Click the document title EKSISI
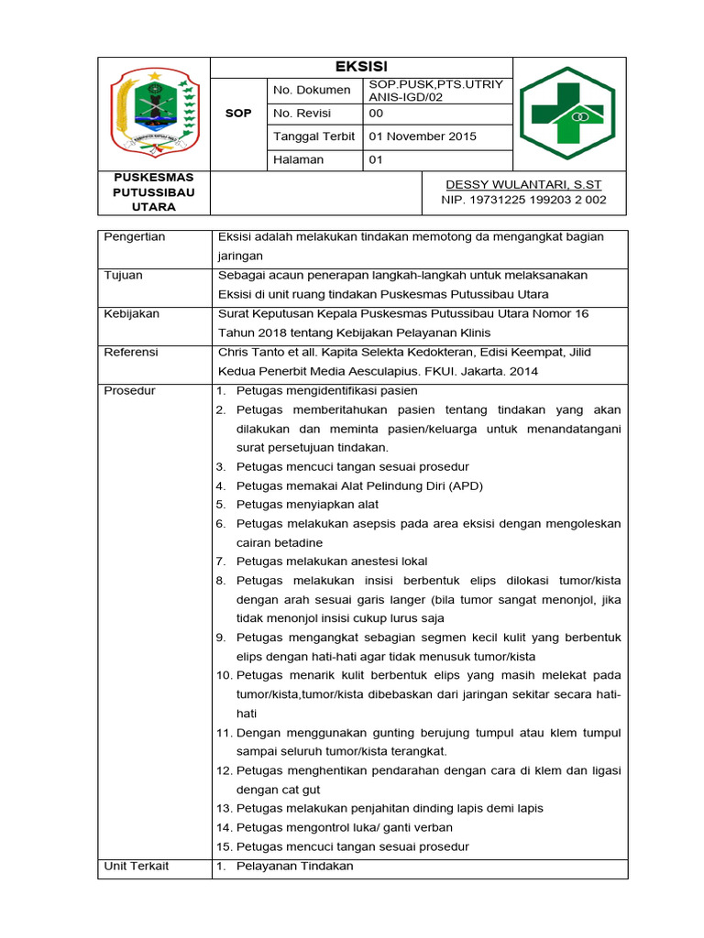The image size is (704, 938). coord(361,67)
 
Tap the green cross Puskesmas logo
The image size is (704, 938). coord(568,114)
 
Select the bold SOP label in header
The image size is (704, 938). coord(238,114)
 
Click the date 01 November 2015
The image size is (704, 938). coord(422,136)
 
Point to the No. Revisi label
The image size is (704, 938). coord(302,114)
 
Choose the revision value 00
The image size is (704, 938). coord(376,114)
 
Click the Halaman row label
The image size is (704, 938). coord(298,159)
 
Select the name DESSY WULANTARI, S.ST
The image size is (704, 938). coord(523,184)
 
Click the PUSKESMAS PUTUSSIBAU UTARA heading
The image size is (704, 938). coord(153,191)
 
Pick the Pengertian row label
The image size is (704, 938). coord(135,237)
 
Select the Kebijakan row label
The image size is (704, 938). coord(132,314)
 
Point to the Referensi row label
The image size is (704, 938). coord(131,352)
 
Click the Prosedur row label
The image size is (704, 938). coord(129,390)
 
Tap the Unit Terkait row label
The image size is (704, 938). coord(137,867)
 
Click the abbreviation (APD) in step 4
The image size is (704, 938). coord(466,485)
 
